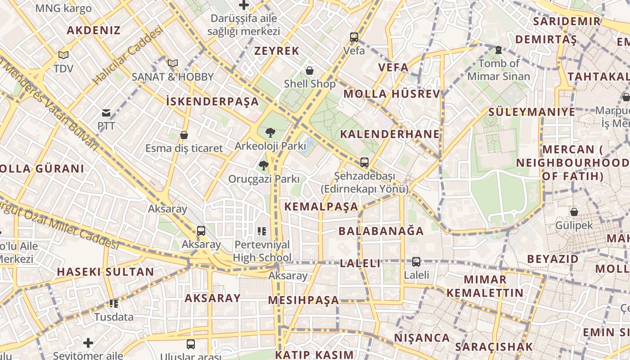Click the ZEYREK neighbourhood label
(x=277, y=51)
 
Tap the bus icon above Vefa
(x=354, y=37)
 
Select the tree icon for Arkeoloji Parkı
(x=270, y=132)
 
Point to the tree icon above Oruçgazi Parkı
(x=264, y=166)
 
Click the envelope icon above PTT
(x=106, y=113)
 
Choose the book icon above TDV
(x=63, y=55)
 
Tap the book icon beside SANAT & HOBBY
(x=173, y=63)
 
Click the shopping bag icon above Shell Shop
(x=310, y=71)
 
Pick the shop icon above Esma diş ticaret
(x=184, y=135)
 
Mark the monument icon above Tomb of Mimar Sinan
(x=499, y=50)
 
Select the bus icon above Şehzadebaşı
(x=364, y=162)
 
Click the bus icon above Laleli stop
(x=416, y=261)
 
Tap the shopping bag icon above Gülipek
(x=574, y=211)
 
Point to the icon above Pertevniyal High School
(x=262, y=232)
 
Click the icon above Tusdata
(x=114, y=304)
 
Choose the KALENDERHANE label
(x=390, y=134)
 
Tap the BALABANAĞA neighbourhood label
(x=381, y=231)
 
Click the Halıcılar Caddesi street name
(x=127, y=55)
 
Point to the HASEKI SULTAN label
(x=105, y=272)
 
